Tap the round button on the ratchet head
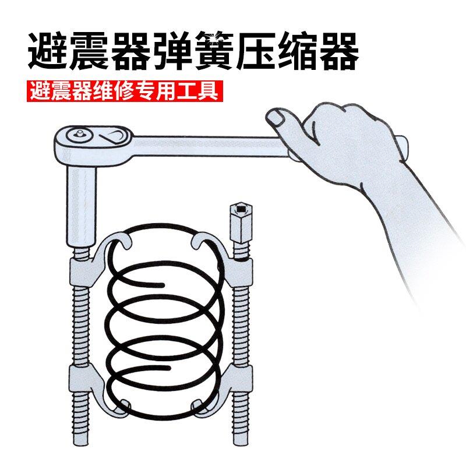[79, 135]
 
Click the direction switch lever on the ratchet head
[111, 137]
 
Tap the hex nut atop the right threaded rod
[241, 220]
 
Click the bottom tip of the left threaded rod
[81, 444]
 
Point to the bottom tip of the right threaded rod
[241, 444]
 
